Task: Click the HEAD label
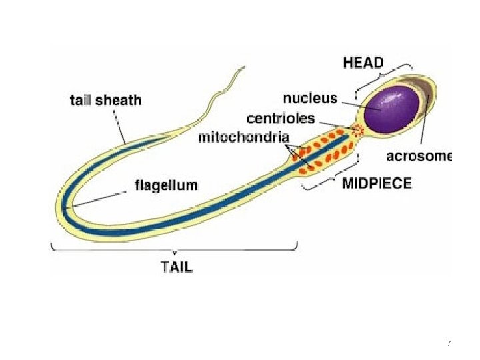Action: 363,63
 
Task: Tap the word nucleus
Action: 310,99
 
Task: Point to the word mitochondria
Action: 244,138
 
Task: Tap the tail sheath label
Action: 106,101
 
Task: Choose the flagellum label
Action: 167,184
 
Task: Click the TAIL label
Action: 177,267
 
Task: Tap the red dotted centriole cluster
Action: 359,130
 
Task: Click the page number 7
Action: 449,343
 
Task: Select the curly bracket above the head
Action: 384,77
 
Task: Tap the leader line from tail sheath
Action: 119,127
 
